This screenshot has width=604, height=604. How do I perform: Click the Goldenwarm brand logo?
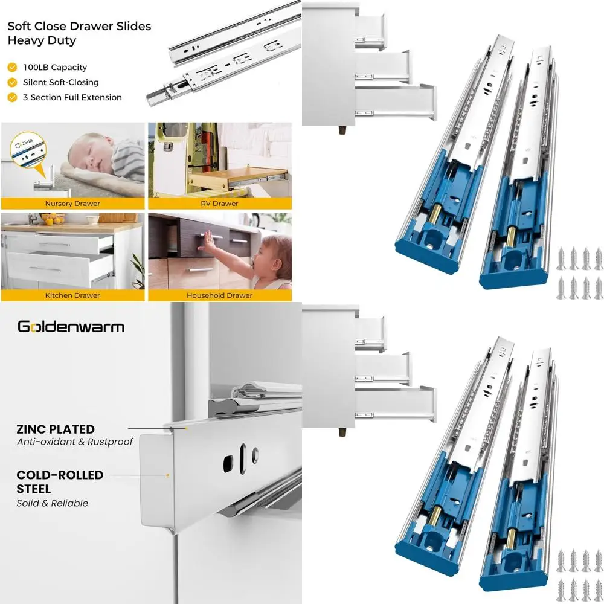71,327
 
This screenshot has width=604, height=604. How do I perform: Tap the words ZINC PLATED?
56,429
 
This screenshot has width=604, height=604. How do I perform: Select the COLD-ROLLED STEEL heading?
60,481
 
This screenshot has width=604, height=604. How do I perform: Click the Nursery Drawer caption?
73,204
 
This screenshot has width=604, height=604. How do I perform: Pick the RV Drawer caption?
220,204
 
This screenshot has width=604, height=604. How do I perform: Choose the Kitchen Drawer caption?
72,295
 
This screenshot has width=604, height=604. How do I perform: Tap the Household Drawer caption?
220,295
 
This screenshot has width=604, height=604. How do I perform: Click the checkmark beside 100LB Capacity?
12,68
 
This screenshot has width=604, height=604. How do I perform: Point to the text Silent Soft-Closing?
61,82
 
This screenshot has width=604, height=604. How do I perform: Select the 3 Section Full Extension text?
72,97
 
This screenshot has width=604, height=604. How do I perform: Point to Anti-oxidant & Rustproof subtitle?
74,442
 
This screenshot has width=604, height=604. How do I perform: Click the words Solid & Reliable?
52,503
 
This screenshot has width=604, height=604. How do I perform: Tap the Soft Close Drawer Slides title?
79,33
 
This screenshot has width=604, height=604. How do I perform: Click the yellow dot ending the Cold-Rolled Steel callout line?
167,475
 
